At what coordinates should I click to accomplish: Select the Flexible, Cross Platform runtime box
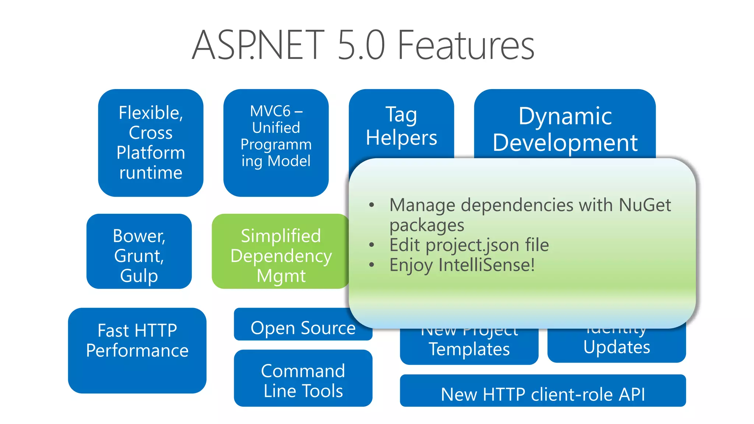(151, 142)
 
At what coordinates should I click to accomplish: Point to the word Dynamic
(565, 116)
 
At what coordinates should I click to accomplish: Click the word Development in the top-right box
(565, 143)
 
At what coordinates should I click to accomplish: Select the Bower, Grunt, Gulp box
(139, 251)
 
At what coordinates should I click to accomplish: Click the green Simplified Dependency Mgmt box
(281, 251)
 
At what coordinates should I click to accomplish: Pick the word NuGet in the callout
(645, 205)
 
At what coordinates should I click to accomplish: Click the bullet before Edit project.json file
(371, 245)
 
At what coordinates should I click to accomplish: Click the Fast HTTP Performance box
(137, 350)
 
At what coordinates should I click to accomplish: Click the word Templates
(469, 349)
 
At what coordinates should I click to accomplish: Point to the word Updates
(616, 347)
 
